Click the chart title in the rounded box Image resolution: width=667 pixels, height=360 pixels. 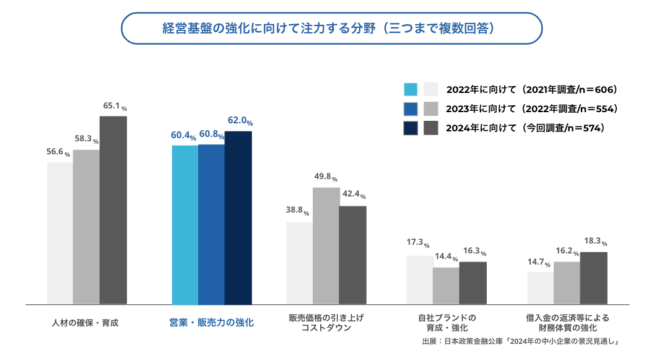pyautogui.click(x=332, y=29)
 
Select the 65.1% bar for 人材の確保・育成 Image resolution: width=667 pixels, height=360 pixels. pyautogui.click(x=113, y=210)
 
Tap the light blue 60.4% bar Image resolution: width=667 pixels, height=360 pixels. pyautogui.click(x=185, y=225)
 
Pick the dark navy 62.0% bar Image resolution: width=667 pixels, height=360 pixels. pyautogui.click(x=238, y=218)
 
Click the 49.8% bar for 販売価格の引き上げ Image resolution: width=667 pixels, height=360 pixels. pyautogui.click(x=326, y=246)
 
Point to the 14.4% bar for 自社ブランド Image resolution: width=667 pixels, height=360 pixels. pyautogui.click(x=446, y=286)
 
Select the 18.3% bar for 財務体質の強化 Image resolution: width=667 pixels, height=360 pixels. pyautogui.click(x=593, y=278)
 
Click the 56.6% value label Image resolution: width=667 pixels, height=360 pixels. pyautogui.click(x=58, y=153)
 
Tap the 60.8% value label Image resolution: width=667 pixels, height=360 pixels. pyautogui.click(x=211, y=134)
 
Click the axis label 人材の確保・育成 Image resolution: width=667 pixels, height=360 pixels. pyautogui.click(x=85, y=323)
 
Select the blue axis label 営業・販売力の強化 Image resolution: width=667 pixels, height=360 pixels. pyautogui.click(x=212, y=323)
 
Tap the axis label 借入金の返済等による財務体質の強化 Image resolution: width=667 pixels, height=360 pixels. pyautogui.click(x=567, y=322)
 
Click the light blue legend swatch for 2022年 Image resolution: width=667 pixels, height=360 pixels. pyautogui.click(x=410, y=89)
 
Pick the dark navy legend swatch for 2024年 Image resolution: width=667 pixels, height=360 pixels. pyautogui.click(x=410, y=128)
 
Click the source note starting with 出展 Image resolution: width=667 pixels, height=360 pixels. pyautogui.click(x=520, y=341)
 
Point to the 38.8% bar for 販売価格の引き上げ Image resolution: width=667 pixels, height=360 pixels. pyautogui.click(x=299, y=263)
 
